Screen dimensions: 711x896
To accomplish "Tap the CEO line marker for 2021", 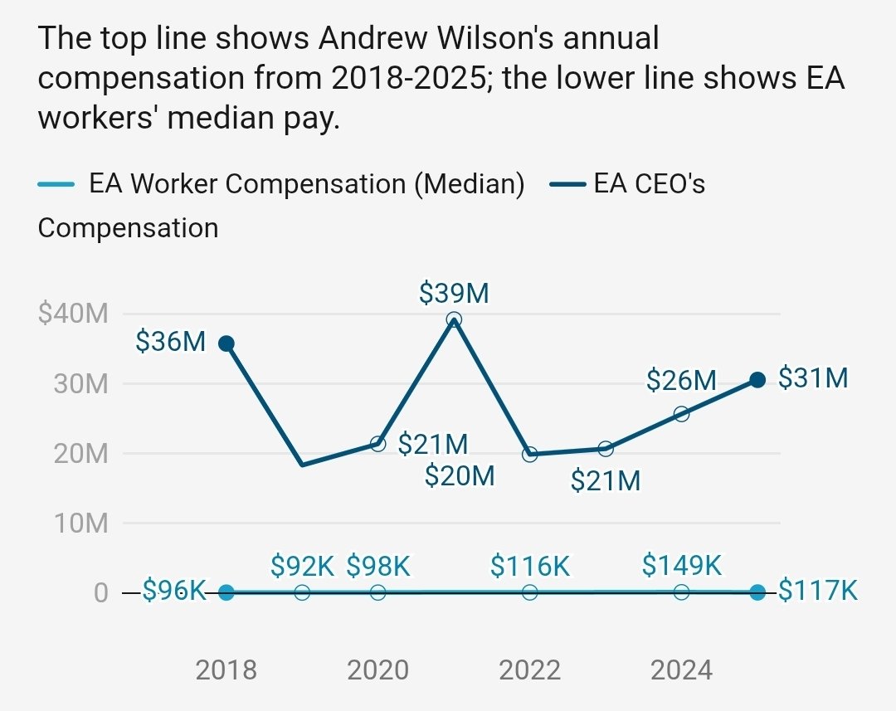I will (453, 319).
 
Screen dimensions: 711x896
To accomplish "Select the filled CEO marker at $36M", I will (226, 343).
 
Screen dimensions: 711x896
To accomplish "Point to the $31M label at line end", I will (813, 378).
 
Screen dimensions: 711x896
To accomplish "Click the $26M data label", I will (681, 381).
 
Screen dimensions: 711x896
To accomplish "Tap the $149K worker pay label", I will (682, 565).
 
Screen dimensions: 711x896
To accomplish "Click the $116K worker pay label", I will (530, 567).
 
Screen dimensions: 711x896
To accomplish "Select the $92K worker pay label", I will (302, 567).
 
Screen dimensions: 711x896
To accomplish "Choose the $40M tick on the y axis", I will (74, 314).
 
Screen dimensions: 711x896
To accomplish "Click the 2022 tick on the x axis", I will (530, 670).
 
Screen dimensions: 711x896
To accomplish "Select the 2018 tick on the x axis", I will (226, 670).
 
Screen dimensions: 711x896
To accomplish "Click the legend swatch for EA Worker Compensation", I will (57, 184).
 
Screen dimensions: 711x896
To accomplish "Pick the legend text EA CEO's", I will (649, 184).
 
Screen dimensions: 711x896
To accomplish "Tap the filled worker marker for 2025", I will (757, 592).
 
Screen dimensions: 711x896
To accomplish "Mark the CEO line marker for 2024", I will (681, 414).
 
